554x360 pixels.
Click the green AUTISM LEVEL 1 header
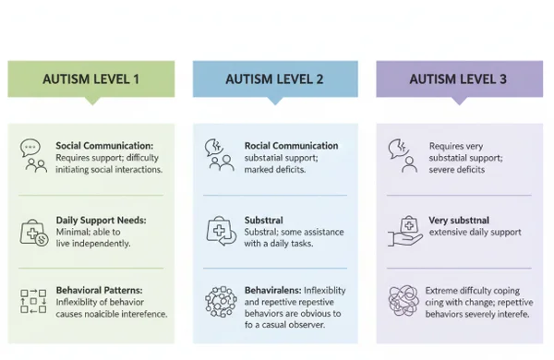[90, 79]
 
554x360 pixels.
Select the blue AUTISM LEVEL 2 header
[274, 79]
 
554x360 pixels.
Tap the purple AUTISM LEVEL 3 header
[458, 79]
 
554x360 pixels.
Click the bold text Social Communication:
[104, 146]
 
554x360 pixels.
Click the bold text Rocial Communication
[291, 146]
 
